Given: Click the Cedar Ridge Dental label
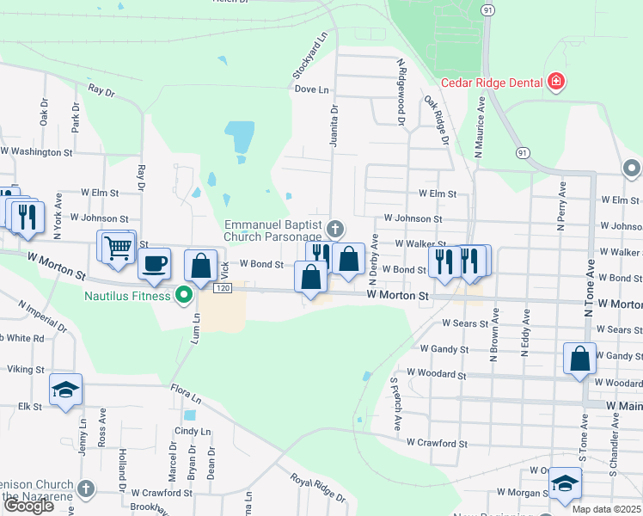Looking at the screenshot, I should tap(491, 83).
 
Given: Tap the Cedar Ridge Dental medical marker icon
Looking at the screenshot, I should tap(556, 83).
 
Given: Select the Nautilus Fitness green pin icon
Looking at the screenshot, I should tap(182, 296).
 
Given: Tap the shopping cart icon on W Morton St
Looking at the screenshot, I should tap(118, 248).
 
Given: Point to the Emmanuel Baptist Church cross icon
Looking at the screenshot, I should tap(335, 229).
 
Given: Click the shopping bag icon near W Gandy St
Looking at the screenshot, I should tap(580, 357).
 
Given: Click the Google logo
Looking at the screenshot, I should tap(28, 506).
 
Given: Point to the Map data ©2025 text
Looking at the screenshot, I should tap(606, 509).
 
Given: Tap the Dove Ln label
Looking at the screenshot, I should tap(311, 89).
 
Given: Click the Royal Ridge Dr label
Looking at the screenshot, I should tap(317, 488).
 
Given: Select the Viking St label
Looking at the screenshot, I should tap(26, 369).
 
